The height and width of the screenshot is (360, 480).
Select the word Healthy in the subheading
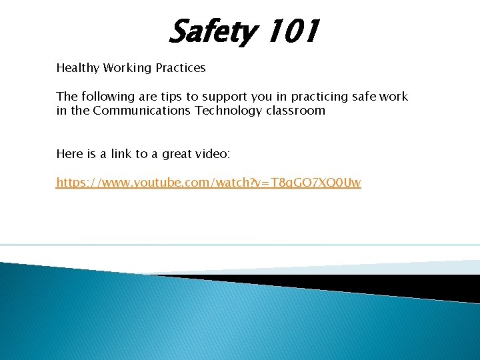click(x=77, y=68)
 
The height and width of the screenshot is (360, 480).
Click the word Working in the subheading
click(x=126, y=68)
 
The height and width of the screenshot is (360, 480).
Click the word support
click(x=219, y=97)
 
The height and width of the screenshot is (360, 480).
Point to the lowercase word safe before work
click(x=365, y=97)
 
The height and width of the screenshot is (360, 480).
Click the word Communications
click(x=142, y=111)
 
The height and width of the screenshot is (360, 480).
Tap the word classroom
click(x=295, y=111)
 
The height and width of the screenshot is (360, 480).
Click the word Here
click(x=69, y=154)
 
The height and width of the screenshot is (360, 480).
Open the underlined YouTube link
click(x=209, y=183)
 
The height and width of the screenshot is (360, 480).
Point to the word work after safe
click(x=394, y=97)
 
